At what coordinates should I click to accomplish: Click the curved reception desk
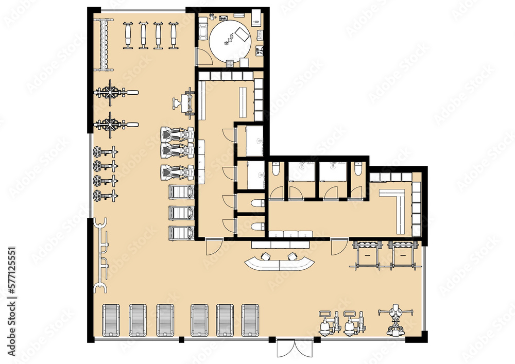coord(280,264)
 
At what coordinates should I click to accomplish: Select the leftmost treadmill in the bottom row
coord(111,320)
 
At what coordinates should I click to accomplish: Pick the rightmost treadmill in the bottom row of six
coord(250,320)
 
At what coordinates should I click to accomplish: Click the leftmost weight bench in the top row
coord(128,35)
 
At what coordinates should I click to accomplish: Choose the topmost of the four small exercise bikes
coord(104,151)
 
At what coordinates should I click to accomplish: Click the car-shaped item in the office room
coord(203,31)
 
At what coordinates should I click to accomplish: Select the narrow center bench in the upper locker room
coord(243,101)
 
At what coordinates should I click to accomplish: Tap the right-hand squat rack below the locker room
coord(402,254)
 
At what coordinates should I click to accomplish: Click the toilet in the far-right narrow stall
coord(357,170)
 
